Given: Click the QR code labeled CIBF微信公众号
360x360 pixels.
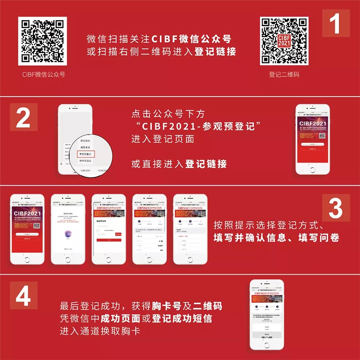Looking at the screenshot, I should coord(43,41).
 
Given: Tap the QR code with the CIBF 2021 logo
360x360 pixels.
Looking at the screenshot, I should coord(284,41).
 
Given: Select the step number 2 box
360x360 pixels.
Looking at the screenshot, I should coord(23,117).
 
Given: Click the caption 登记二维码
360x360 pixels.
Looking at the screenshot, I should coord(284,74).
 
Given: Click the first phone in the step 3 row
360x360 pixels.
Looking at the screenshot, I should coord(27,229).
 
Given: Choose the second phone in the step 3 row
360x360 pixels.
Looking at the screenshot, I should coord(68,229).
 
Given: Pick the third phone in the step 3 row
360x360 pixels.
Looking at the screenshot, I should coord(109,229).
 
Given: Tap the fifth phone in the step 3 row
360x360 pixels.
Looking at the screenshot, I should coord(190,229).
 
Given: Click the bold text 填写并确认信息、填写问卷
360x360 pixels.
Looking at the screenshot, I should coord(276,238).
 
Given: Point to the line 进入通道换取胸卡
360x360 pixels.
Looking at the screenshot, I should coord(100,331).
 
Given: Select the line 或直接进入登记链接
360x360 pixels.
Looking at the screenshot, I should coord(179,164).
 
